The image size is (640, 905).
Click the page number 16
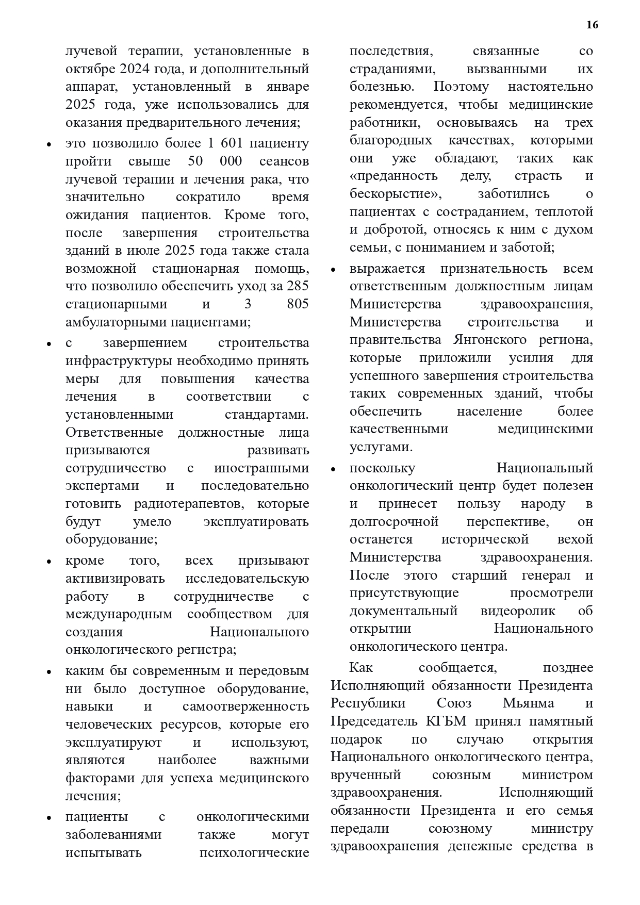tap(593, 25)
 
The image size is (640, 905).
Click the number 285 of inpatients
tap(298, 286)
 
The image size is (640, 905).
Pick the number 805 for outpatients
tap(298, 304)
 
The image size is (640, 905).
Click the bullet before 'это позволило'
tap(49, 144)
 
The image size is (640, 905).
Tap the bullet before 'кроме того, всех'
tap(49, 562)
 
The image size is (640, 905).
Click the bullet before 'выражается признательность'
tap(333, 270)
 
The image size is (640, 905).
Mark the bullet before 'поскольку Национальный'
tap(333, 469)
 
